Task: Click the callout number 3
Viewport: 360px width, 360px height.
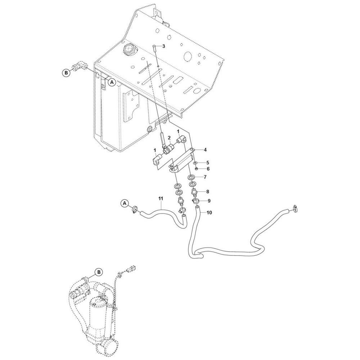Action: pyautogui.click(x=163, y=46)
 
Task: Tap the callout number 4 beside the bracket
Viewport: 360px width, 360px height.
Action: pyautogui.click(x=205, y=150)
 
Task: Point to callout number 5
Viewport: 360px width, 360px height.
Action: pyautogui.click(x=208, y=163)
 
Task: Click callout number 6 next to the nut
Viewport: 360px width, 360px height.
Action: pyautogui.click(x=208, y=169)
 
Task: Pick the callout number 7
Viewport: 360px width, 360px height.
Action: pyautogui.click(x=205, y=177)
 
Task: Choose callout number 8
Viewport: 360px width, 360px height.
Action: pyautogui.click(x=208, y=191)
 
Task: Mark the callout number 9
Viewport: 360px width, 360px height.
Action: pyautogui.click(x=209, y=201)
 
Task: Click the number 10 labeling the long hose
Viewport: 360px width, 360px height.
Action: pyautogui.click(x=209, y=213)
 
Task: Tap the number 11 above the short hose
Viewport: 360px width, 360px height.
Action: pyautogui.click(x=161, y=198)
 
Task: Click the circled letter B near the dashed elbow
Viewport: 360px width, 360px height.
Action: pyautogui.click(x=66, y=73)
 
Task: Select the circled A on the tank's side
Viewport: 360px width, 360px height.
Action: pyautogui.click(x=112, y=82)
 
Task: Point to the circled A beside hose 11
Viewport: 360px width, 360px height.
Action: pyautogui.click(x=125, y=203)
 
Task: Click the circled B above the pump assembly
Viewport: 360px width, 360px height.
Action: pyautogui.click(x=99, y=272)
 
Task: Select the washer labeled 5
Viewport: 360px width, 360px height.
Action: pyautogui.click(x=195, y=163)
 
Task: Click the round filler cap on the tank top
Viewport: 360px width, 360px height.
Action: pyautogui.click(x=130, y=49)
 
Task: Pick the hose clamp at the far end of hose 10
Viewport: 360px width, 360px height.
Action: pyautogui.click(x=296, y=209)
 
